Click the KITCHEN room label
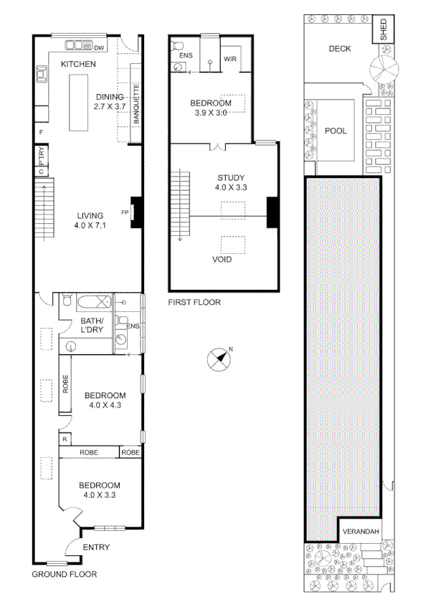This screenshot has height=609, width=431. click(78, 65)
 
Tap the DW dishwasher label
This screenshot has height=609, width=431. click(99, 48)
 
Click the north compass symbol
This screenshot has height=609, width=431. click(220, 359)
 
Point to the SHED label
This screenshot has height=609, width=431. click(383, 30)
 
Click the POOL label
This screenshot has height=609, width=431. click(335, 131)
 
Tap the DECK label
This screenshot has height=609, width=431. click(339, 49)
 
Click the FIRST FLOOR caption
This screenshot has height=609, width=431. click(194, 302)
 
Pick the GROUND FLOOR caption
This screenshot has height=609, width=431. click(65, 574)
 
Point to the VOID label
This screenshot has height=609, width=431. click(222, 259)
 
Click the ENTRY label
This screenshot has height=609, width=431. click(96, 547)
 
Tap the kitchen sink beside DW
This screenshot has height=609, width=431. click(75, 47)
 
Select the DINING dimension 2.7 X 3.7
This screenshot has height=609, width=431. click(110, 106)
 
